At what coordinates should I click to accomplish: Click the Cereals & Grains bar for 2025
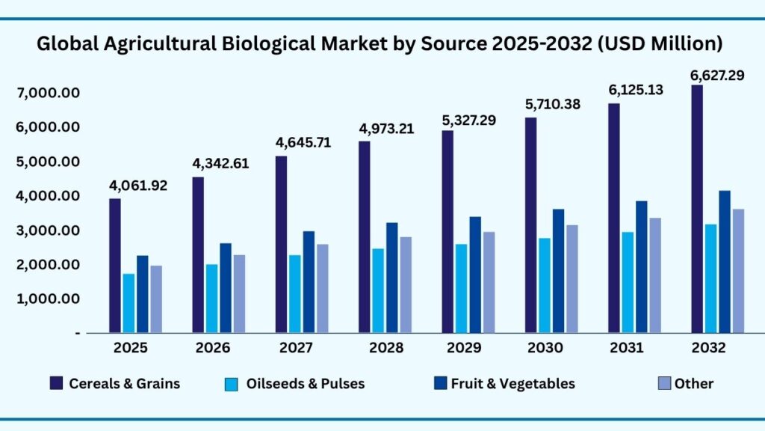115,266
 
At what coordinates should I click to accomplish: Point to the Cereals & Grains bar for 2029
447,232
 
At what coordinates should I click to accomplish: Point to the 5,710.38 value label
554,104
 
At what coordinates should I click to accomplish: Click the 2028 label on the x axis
386,348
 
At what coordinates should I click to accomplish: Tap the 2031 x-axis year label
635,348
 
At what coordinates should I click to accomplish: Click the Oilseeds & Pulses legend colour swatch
232,384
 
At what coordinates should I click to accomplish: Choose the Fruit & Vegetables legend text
513,384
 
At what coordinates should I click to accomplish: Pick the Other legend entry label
693,384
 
